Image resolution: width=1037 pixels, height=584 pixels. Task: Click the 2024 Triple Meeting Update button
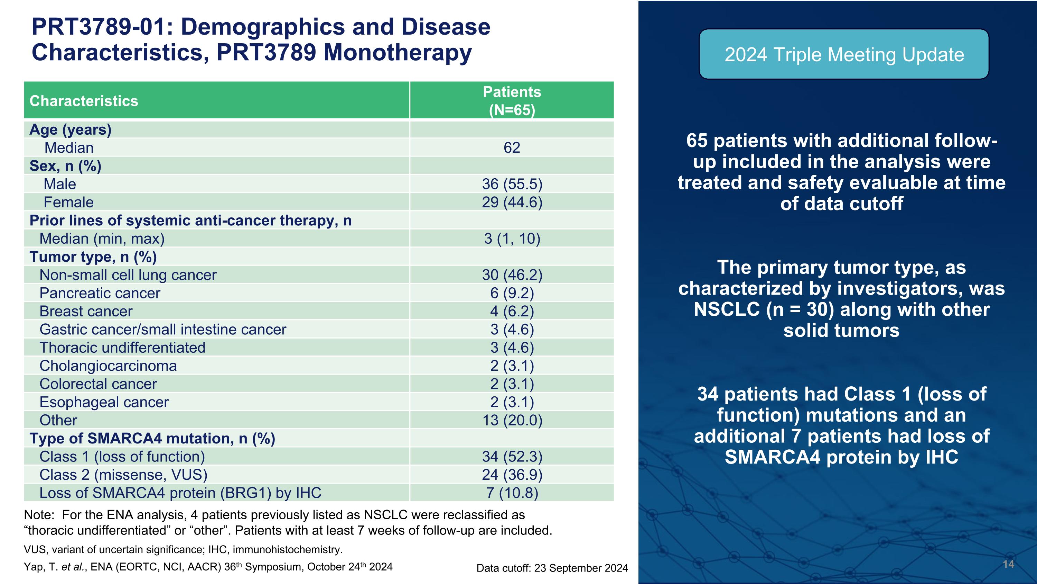pyautogui.click(x=844, y=54)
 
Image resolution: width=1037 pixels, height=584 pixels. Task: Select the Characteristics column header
pyautogui.click(x=84, y=101)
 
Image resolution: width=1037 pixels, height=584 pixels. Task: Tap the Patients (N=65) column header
pyautogui.click(x=512, y=101)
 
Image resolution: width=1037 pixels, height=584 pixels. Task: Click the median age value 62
pyautogui.click(x=512, y=147)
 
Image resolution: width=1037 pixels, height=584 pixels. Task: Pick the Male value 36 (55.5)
pyautogui.click(x=512, y=184)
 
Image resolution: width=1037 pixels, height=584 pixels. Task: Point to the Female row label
pyautogui.click(x=68, y=202)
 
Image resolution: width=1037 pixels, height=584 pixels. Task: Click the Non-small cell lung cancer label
pyautogui.click(x=128, y=275)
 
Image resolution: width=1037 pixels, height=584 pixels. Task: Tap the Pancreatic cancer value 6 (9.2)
pyautogui.click(x=512, y=293)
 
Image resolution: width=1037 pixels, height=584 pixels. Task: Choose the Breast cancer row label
pyautogui.click(x=86, y=311)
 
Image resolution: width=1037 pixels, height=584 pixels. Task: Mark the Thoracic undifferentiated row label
pyautogui.click(x=122, y=348)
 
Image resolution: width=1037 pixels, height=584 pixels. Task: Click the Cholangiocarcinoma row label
pyautogui.click(x=108, y=366)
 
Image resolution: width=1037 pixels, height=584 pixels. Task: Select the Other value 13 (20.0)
pyautogui.click(x=512, y=420)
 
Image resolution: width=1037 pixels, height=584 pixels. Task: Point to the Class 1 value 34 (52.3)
pyautogui.click(x=512, y=457)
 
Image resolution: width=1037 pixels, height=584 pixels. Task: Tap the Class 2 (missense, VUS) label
pyautogui.click(x=123, y=475)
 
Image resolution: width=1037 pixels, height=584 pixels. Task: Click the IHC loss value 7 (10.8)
pyautogui.click(x=512, y=493)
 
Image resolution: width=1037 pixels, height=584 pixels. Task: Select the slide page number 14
pyautogui.click(x=1008, y=564)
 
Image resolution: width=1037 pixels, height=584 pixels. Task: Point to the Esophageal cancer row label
pyautogui.click(x=104, y=402)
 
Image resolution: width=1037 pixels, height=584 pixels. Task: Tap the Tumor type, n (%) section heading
pyautogui.click(x=93, y=257)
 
